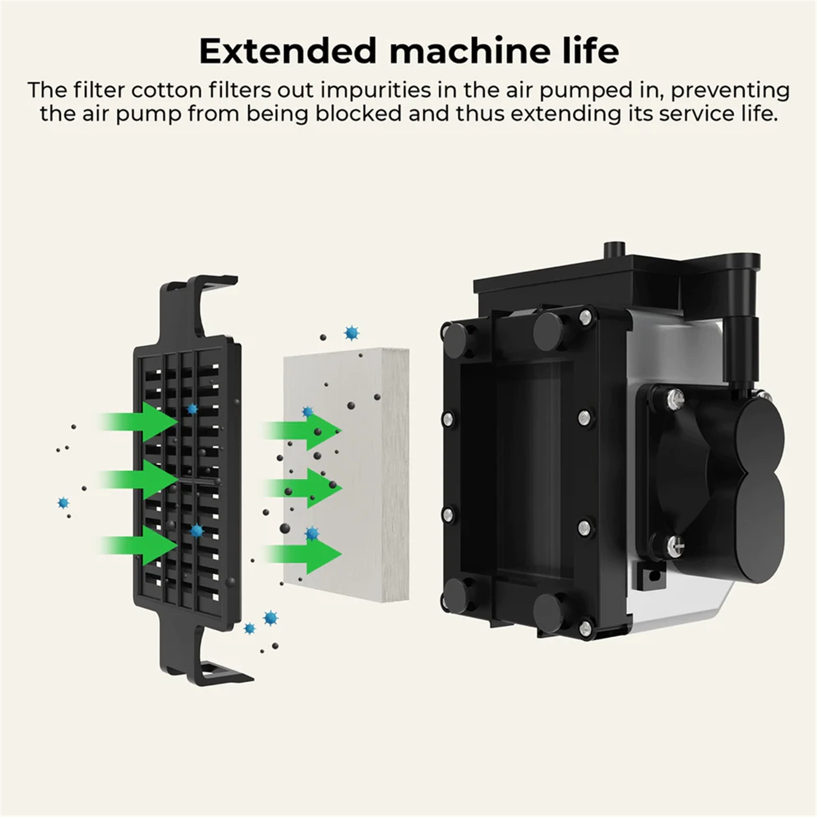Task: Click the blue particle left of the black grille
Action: (63, 503)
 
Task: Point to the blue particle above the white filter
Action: (351, 333)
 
